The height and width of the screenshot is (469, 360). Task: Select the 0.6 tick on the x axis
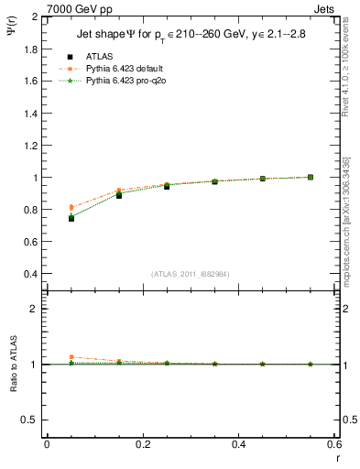tap(334, 444)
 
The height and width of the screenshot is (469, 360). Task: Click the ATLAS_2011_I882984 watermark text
tap(191, 274)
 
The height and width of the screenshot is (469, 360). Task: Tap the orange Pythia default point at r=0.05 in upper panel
tap(71, 207)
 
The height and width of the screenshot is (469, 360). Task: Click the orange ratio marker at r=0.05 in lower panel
tap(71, 357)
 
